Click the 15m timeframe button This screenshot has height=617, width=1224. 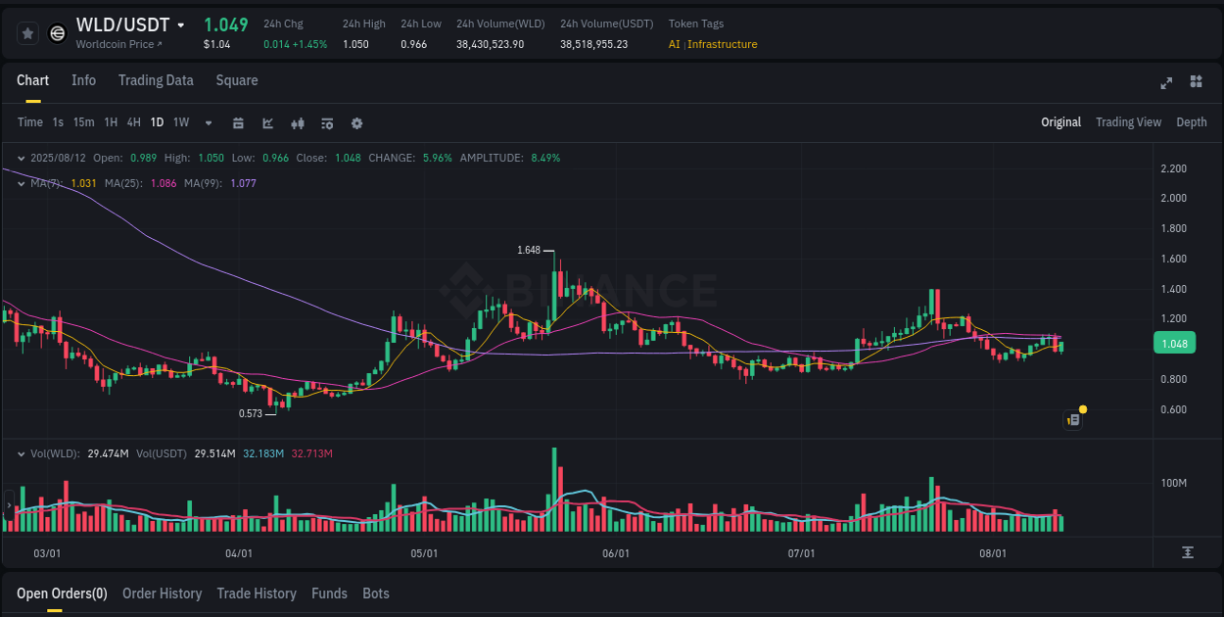(x=84, y=122)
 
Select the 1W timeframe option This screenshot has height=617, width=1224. (x=181, y=122)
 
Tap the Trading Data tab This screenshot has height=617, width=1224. (x=156, y=80)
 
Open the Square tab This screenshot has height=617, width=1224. (x=237, y=80)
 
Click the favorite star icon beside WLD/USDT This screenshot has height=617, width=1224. (x=28, y=33)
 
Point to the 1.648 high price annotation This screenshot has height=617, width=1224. (x=529, y=250)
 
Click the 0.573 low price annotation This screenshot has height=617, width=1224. (x=251, y=413)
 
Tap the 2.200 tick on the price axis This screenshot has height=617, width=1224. (x=1173, y=168)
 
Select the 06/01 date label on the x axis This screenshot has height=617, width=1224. (x=616, y=553)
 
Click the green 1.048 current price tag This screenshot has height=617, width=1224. (x=1173, y=344)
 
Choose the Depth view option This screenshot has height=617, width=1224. (x=1191, y=122)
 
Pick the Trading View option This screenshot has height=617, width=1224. (x=1128, y=122)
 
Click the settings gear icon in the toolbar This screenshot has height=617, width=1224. (x=356, y=123)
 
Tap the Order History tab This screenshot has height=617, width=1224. (x=162, y=593)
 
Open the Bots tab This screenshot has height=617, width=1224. (x=376, y=593)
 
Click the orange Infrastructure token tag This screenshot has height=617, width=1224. (x=723, y=44)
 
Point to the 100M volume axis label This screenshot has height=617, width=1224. (x=1174, y=483)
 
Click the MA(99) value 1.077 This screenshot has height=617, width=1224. (x=243, y=183)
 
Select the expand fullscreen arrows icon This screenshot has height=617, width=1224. (x=1166, y=82)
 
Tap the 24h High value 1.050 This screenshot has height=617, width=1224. (x=355, y=44)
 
